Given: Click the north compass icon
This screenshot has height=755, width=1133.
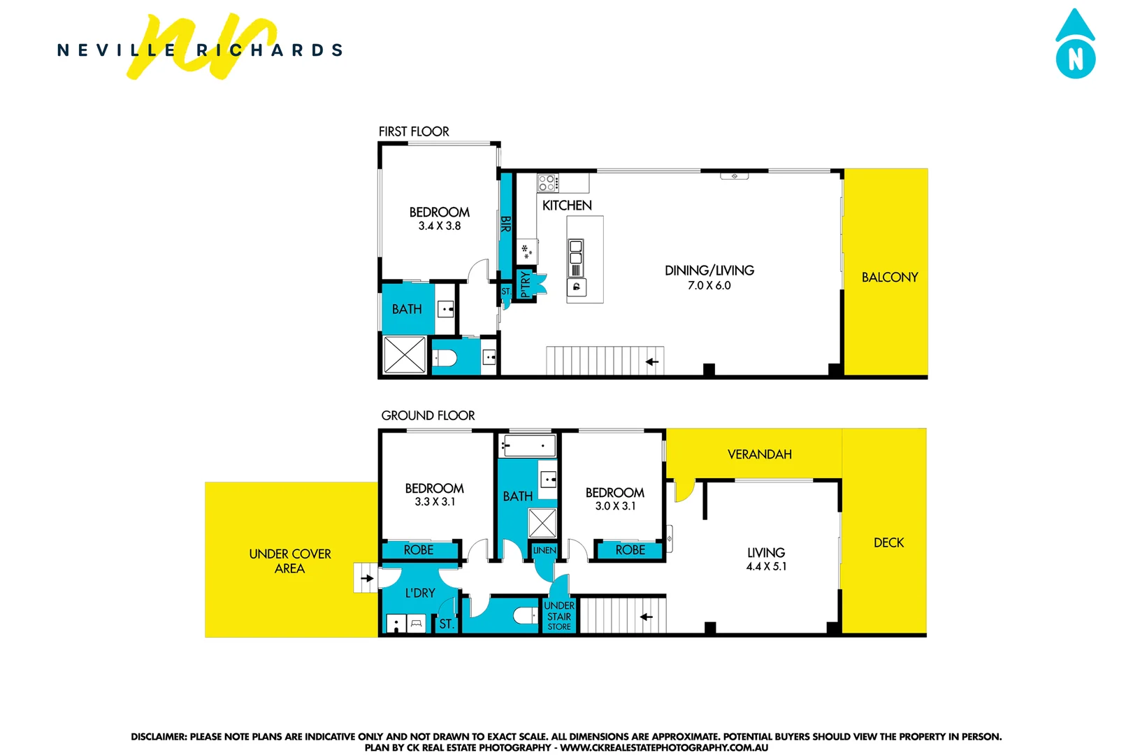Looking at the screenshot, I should [1075, 45].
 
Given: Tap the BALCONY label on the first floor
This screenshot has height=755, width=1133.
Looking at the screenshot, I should [889, 277].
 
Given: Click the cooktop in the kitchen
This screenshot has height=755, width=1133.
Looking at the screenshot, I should [547, 183].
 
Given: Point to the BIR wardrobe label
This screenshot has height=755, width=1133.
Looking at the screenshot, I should [505, 224].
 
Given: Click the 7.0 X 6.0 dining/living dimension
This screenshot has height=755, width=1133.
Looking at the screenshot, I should [709, 285].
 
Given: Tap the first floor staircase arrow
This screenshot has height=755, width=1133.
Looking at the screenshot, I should [651, 361].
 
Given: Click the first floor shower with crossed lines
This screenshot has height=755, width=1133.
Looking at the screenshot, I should [405, 354].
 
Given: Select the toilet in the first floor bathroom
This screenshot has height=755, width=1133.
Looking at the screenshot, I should [445, 359].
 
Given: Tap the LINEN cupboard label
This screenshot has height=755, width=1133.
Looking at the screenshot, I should [544, 550].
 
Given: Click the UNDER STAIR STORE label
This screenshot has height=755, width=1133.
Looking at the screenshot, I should [559, 616].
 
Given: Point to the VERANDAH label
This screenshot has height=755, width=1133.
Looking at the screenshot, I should [759, 454].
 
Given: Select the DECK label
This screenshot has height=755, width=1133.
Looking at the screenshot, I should [888, 542].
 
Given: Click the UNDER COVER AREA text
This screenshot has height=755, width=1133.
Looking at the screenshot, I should [290, 561].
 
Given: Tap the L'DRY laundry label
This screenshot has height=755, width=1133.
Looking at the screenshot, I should [420, 593].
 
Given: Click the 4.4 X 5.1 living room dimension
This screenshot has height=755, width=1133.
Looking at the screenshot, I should [766, 566].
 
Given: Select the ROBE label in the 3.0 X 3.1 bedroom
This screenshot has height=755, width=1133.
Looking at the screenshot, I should [630, 550].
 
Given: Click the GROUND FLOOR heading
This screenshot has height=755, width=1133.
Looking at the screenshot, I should [428, 415].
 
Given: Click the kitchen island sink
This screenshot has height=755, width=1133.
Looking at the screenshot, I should [576, 252].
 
